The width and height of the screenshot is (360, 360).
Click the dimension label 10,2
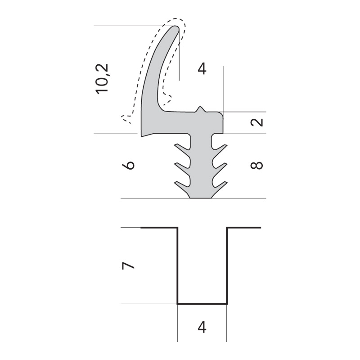102,79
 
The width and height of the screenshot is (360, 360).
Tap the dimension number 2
256,122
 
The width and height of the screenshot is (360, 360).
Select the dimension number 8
256,165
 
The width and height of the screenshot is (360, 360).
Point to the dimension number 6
128,165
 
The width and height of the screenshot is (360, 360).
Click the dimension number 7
128,266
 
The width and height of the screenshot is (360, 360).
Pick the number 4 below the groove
202,328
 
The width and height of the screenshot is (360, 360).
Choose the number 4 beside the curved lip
202,69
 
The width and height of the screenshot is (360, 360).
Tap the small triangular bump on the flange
200,109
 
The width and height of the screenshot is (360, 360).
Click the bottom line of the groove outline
202,304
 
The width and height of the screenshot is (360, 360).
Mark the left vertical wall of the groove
177,265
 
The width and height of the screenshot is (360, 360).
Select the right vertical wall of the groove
227,265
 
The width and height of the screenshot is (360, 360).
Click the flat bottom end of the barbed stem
200,198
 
